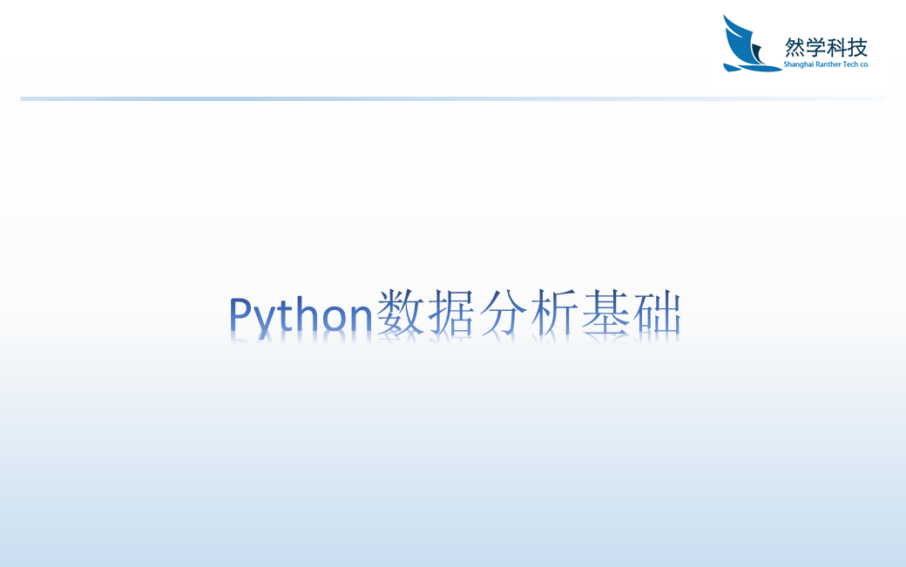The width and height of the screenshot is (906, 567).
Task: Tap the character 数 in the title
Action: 398,315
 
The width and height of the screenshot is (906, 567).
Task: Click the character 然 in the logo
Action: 794,47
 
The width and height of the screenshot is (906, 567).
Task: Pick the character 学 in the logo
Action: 815,47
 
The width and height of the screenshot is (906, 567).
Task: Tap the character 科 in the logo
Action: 837,47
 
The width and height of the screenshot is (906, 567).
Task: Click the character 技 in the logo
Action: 858,47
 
